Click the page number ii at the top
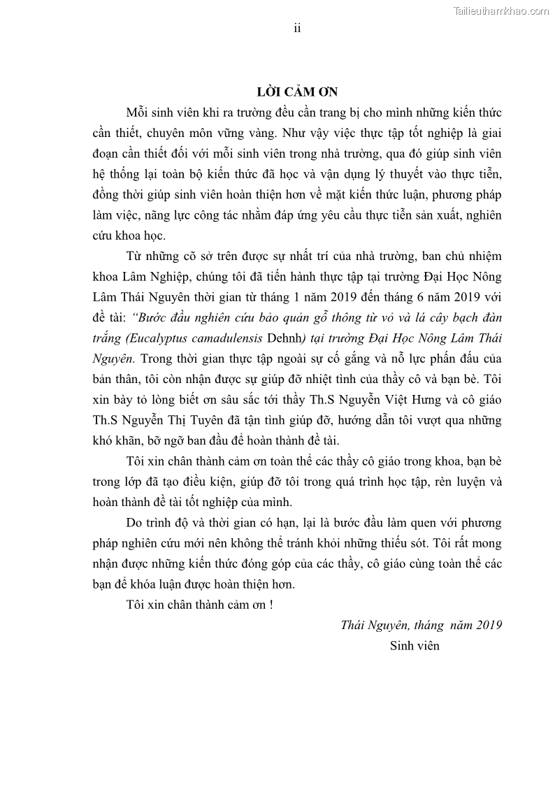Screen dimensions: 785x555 [x=297, y=28]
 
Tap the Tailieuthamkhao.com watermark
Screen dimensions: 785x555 [x=501, y=10]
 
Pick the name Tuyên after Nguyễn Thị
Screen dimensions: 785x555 [x=219, y=421]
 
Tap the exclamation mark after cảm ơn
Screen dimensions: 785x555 [x=271, y=605]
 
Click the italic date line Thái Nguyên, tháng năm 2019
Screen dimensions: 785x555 [x=421, y=625]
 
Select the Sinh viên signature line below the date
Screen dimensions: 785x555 [x=415, y=645]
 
